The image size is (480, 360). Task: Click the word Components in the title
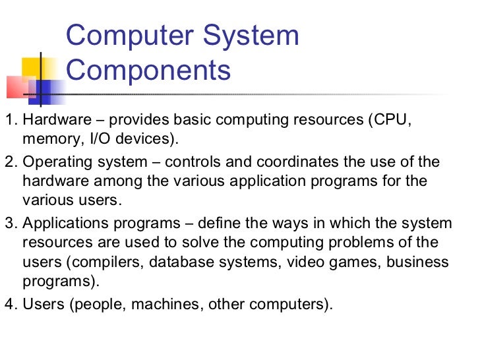149,69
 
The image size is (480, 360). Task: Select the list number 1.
8,121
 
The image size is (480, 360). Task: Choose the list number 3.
8,224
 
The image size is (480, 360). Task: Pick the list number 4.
8,305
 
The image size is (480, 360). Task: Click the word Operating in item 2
57,162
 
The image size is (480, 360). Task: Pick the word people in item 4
92,306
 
